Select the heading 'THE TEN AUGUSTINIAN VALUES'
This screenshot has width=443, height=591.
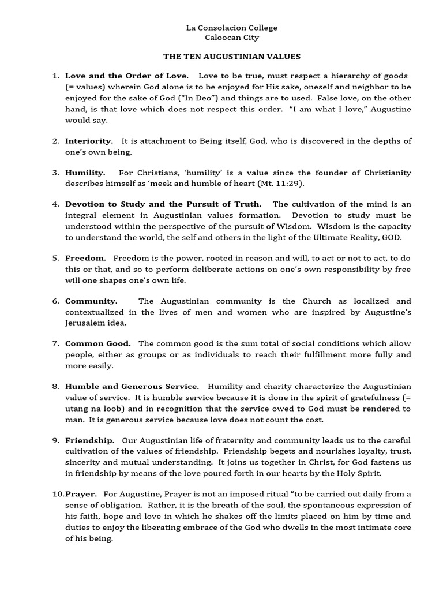[232, 57]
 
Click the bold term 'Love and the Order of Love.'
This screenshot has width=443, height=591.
[126, 76]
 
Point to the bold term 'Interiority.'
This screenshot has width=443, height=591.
[89, 141]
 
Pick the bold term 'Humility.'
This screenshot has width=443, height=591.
[85, 173]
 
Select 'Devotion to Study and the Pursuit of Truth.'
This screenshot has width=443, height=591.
[163, 204]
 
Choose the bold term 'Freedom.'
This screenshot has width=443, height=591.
[86, 258]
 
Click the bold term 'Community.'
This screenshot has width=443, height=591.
[91, 301]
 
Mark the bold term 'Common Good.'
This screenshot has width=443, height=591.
[98, 344]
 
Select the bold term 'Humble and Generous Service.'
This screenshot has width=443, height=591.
[132, 387]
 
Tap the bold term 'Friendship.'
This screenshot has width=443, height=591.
[90, 441]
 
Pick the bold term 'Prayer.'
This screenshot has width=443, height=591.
[81, 495]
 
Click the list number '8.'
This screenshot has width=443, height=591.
[56, 387]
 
